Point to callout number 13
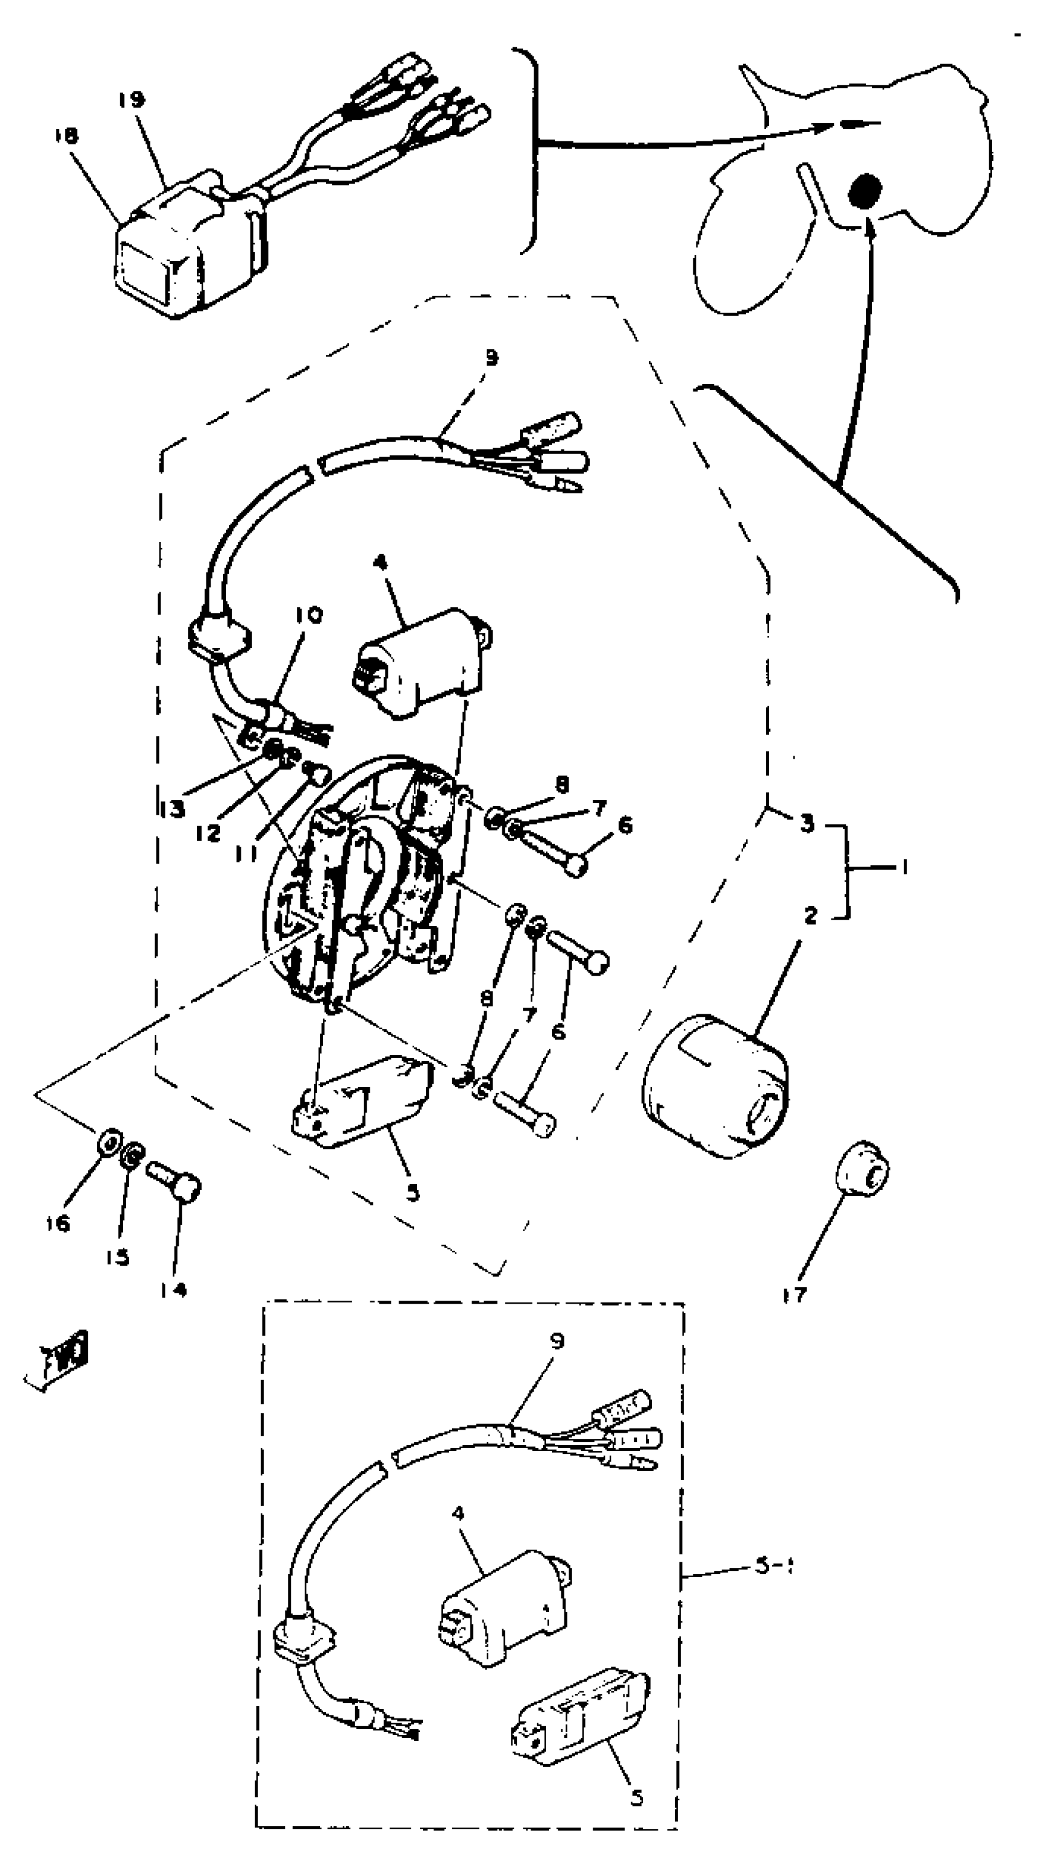[172, 809]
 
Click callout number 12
[207, 833]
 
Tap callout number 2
[810, 915]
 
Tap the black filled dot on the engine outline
[865, 192]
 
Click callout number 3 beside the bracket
[807, 823]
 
